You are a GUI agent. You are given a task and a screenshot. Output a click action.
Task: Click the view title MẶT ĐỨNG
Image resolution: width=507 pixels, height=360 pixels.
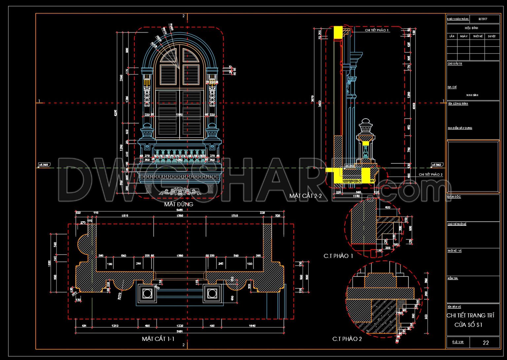(179, 204)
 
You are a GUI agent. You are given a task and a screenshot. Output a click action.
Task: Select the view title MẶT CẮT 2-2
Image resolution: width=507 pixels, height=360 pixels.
(305, 196)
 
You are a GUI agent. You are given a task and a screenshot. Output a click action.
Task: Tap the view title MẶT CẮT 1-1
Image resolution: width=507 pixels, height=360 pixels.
(158, 339)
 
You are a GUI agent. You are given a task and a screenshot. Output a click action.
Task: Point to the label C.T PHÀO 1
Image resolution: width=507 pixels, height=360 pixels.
(338, 256)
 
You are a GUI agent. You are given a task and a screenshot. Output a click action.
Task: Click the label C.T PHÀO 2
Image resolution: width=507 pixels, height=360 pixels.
(347, 339)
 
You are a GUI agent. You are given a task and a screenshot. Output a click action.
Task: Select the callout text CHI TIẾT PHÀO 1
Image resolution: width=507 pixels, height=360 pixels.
(377, 30)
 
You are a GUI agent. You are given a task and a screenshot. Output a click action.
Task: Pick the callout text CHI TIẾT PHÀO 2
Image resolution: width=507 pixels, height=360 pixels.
(430, 174)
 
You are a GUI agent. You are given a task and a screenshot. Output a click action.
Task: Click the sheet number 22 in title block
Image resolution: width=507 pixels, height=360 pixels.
(486, 343)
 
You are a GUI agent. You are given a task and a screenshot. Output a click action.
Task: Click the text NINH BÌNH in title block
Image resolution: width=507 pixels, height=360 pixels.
(472, 95)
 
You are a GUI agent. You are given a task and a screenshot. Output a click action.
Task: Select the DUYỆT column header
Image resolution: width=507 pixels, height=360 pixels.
(491, 36)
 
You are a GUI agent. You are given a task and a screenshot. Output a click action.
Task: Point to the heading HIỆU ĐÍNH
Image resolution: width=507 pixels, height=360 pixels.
(471, 28)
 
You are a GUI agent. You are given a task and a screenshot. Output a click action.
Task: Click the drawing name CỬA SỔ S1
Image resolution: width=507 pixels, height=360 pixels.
(468, 325)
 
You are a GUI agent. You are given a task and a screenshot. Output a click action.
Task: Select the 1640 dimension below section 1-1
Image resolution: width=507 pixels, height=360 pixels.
(252, 326)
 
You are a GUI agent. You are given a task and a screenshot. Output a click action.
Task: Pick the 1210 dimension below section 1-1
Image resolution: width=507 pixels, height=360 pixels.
(115, 326)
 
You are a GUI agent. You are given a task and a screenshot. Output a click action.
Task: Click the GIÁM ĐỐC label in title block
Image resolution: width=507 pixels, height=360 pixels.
(454, 197)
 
